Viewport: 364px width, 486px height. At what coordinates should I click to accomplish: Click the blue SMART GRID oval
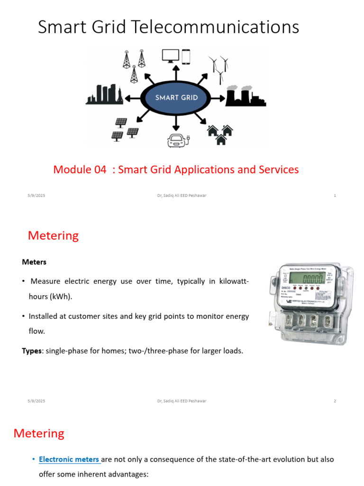[176, 98]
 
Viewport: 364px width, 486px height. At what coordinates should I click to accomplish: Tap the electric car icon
[177, 140]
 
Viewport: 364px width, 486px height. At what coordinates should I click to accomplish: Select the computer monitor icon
[170, 56]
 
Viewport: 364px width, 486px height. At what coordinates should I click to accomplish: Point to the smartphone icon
[185, 56]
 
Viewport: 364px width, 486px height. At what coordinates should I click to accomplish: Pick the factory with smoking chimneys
[245, 96]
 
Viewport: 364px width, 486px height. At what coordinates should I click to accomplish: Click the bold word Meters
[34, 262]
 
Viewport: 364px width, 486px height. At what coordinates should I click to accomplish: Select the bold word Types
[32, 351]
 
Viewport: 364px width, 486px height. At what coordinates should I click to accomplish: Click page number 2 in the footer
[335, 401]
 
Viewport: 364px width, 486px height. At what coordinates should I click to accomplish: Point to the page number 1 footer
[335, 196]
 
